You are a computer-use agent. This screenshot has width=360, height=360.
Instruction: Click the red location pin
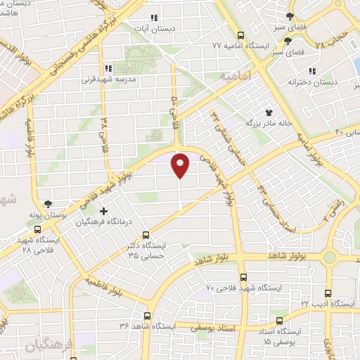click(x=181, y=164)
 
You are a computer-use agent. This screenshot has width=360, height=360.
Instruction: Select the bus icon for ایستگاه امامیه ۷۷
click(x=241, y=35)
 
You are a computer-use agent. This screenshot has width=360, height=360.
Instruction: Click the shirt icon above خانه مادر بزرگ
click(x=268, y=112)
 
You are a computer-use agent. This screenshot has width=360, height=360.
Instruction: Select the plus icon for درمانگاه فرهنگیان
click(x=104, y=211)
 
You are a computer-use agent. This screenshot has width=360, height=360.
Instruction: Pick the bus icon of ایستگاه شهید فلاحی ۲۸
click(x=37, y=229)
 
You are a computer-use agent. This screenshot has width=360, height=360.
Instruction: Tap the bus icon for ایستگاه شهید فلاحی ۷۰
click(x=243, y=277)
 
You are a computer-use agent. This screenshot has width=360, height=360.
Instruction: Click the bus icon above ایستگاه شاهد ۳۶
click(x=147, y=316)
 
